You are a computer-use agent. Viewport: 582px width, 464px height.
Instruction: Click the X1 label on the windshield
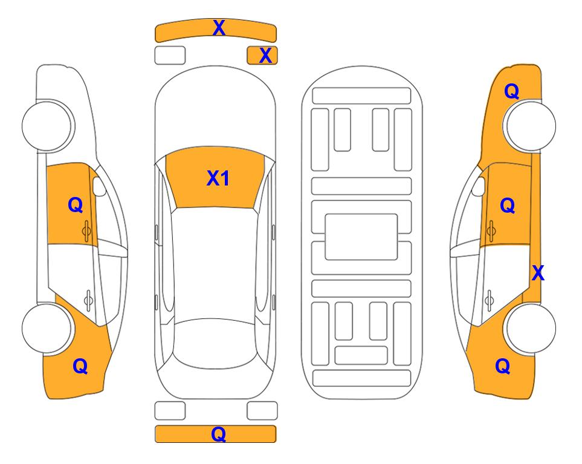click(x=218, y=178)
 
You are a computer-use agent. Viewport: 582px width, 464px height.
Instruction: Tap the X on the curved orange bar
click(x=219, y=28)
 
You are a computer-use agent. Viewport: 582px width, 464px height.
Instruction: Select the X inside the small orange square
click(x=265, y=56)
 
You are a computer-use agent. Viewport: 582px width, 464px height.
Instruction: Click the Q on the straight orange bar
click(x=218, y=434)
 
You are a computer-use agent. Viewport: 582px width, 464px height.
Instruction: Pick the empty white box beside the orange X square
click(x=170, y=56)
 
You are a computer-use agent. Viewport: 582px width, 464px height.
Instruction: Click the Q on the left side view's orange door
click(x=76, y=205)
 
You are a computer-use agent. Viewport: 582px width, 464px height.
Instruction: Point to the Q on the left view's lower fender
click(x=80, y=366)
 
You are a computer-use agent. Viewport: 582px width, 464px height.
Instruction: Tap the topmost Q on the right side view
click(x=511, y=91)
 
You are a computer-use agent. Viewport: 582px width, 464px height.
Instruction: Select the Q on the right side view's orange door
click(x=508, y=205)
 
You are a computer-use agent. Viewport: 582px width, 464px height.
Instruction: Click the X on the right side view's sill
click(x=538, y=273)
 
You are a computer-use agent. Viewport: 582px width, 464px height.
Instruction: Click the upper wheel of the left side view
click(x=47, y=126)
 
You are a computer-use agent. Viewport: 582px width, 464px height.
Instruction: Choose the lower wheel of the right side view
click(x=531, y=328)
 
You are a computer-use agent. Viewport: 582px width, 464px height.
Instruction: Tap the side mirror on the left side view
click(x=99, y=186)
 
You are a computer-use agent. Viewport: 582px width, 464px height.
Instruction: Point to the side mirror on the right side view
click(x=479, y=186)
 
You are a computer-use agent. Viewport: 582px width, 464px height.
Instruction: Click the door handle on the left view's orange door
click(x=86, y=231)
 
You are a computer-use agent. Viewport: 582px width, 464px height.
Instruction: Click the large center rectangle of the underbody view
click(x=361, y=237)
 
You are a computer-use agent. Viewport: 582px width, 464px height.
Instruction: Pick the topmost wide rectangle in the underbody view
click(x=361, y=96)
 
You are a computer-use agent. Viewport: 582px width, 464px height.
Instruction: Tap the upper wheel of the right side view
click(x=531, y=126)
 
